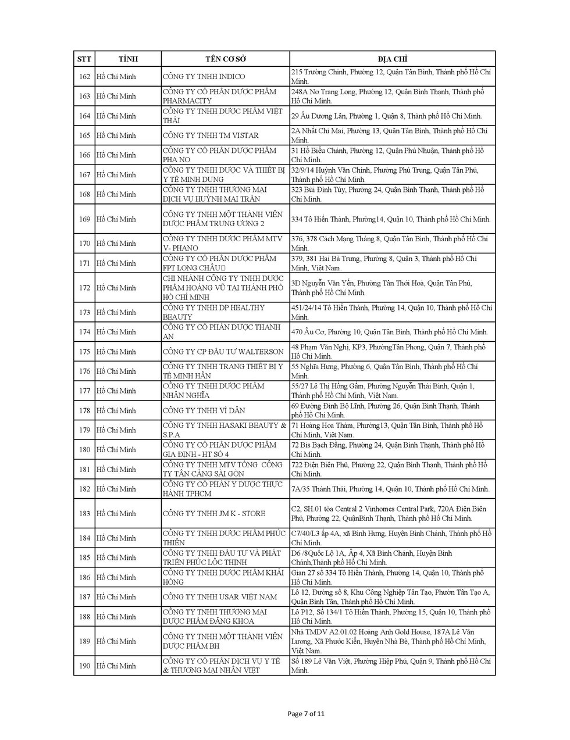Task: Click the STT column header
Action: click(84, 59)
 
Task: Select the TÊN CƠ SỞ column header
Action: click(226, 59)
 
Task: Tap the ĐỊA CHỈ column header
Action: click(392, 59)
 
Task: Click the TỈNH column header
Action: click(128, 59)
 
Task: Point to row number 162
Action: click(84, 76)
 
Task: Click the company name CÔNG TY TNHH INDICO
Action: click(204, 76)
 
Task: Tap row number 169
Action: click(84, 219)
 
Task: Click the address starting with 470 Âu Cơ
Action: click(389, 332)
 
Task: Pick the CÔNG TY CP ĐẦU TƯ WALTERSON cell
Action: click(223, 352)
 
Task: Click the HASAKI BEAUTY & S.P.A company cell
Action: click(225, 430)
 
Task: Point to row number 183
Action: click(84, 513)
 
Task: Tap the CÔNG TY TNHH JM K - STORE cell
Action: click(214, 513)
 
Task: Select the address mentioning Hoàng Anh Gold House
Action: click(389, 641)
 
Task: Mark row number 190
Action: click(84, 666)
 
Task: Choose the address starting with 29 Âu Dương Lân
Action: click(386, 116)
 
